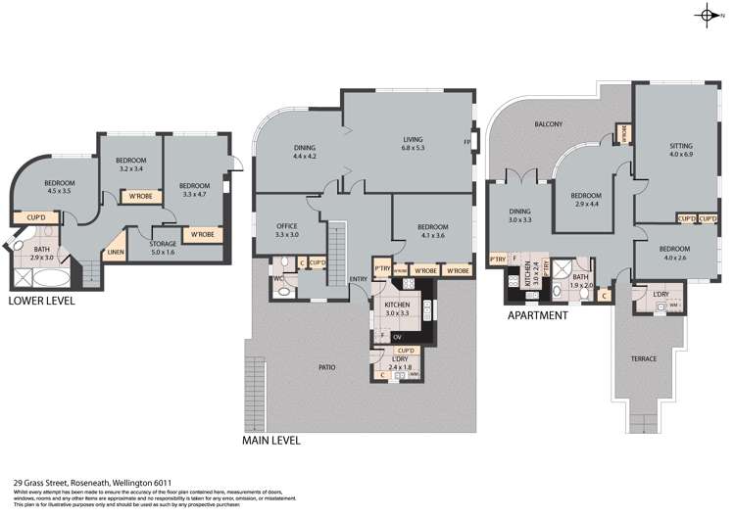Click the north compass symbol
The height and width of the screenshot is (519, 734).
click(x=709, y=14)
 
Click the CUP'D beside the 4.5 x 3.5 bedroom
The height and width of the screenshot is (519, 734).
click(x=36, y=216)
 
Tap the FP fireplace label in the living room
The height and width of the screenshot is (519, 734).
click(x=466, y=143)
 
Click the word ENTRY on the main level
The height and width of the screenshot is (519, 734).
click(x=358, y=279)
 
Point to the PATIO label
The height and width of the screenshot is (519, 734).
click(x=326, y=367)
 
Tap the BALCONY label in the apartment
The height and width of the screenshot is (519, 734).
click(x=549, y=124)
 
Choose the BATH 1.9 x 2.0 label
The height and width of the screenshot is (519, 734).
click(x=581, y=281)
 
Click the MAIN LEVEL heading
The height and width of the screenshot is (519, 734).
click(x=270, y=441)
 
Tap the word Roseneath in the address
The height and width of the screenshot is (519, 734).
click(x=83, y=482)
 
